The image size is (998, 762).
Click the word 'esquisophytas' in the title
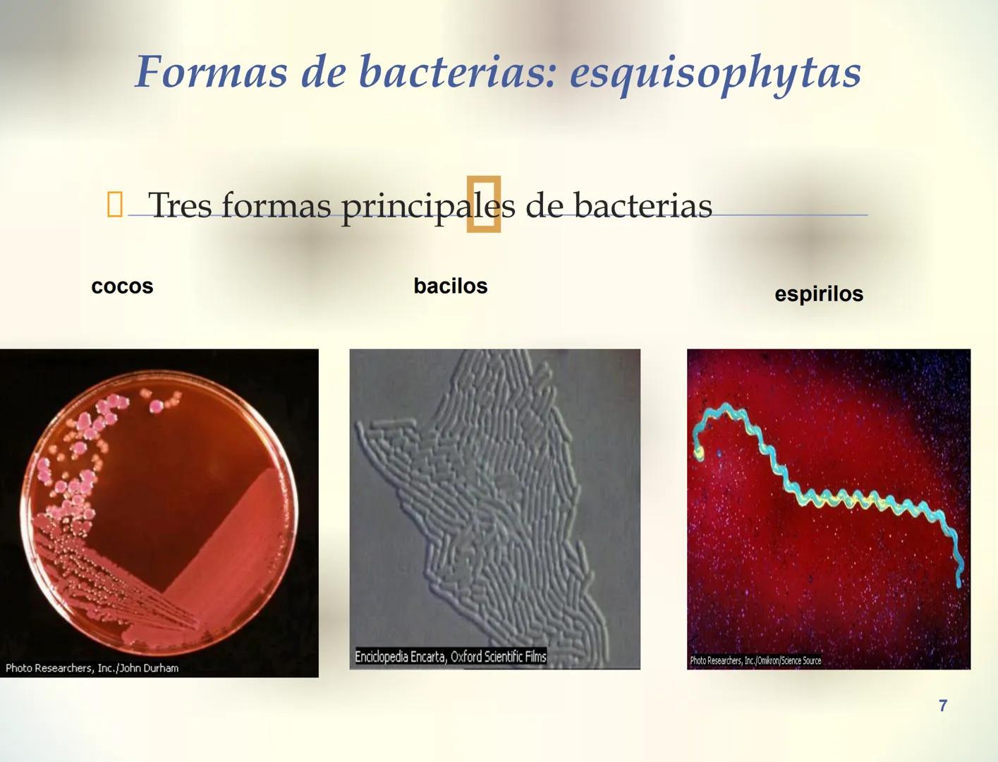coord(715,72)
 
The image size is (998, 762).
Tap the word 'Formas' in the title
coord(211,72)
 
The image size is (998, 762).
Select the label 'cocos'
coord(122,286)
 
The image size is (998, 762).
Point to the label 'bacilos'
coord(450,286)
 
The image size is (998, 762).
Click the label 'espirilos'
coord(818,294)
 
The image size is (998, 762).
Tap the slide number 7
coord(943,706)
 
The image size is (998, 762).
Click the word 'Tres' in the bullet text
coord(180,206)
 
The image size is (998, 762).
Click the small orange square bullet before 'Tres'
coord(114,205)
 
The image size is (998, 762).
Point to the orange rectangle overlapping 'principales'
coord(484,204)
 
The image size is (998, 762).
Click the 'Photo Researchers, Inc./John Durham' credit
coord(92,668)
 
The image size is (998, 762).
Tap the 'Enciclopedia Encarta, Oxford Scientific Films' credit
coord(450,657)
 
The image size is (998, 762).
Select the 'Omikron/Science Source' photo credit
coord(755,661)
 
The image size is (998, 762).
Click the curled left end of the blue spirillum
coord(699,451)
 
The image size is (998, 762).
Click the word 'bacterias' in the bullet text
coord(643,206)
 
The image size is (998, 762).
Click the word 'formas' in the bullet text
coord(276,206)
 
